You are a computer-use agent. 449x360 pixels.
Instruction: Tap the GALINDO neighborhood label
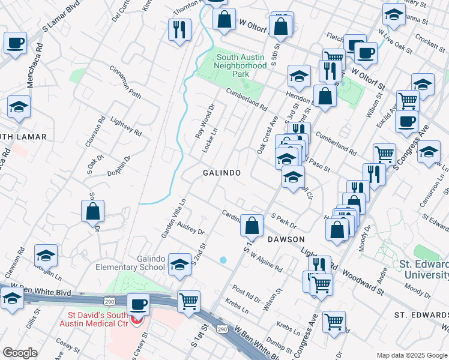(x=221, y=173)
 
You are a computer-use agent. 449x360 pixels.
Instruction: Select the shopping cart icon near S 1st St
(x=189, y=301)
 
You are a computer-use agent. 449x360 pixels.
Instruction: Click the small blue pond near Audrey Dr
(x=223, y=260)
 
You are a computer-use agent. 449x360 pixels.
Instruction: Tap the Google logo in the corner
(x=19, y=352)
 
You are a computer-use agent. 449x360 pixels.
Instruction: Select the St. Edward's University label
(x=423, y=269)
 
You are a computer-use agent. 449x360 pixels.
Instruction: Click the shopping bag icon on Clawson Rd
(x=93, y=211)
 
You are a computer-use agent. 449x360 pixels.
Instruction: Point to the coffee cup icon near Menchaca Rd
(x=16, y=43)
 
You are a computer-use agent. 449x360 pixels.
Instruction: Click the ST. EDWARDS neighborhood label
(x=420, y=314)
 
